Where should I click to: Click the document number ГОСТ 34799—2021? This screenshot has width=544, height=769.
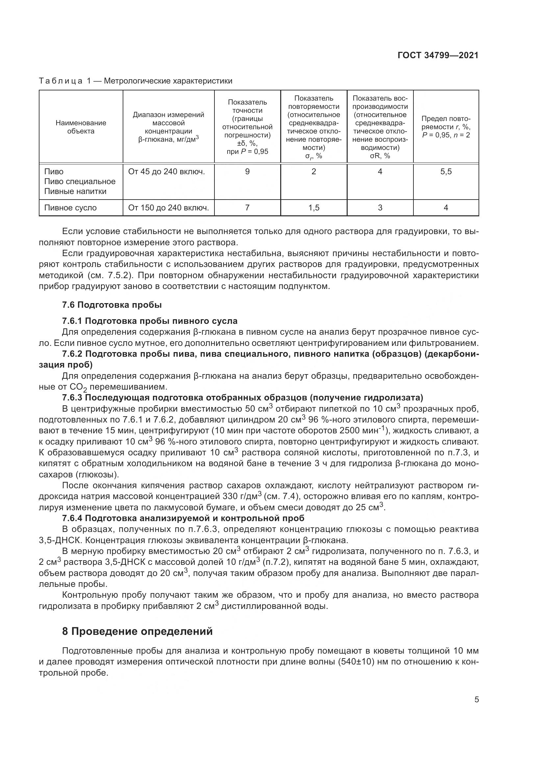coord(438,55)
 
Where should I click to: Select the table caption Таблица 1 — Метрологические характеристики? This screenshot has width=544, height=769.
coord(135,81)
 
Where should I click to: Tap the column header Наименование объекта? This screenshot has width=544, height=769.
coord(81,127)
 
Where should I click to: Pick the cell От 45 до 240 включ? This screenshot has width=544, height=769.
coord(166,172)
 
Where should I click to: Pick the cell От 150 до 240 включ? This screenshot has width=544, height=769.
coord(168,208)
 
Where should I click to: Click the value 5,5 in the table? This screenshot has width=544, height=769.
coord(446,172)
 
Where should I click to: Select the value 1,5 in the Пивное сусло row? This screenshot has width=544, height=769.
coord(314,208)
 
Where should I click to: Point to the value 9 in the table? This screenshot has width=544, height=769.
coord(247,172)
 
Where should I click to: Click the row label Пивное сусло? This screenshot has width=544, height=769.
coord(70,208)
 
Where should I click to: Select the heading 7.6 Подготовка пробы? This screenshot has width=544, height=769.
coord(112,305)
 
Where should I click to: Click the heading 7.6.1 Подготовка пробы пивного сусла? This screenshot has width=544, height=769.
coord(150,321)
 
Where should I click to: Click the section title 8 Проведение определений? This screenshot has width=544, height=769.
coord(137,631)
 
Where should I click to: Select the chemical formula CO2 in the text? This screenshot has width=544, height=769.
coord(79,387)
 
